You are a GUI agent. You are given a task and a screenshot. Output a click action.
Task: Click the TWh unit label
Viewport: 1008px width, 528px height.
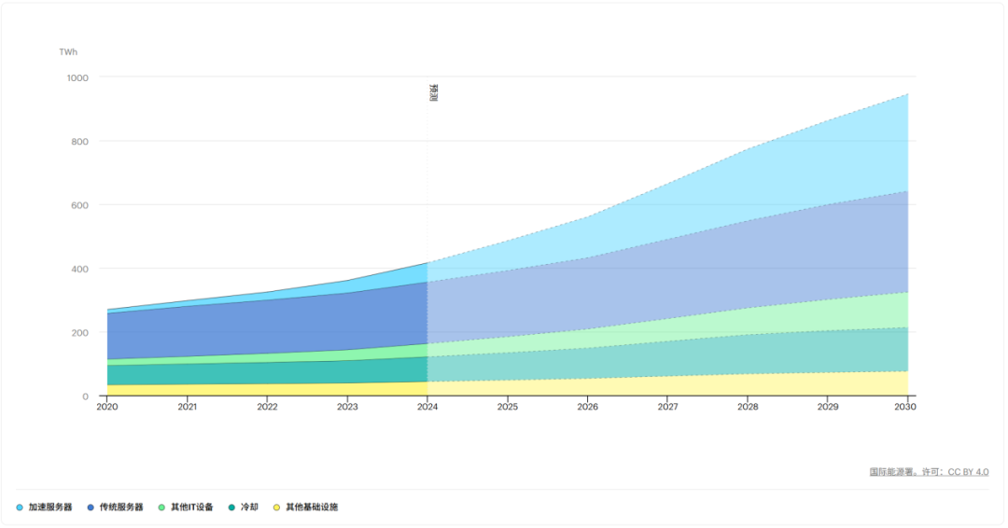[68, 52]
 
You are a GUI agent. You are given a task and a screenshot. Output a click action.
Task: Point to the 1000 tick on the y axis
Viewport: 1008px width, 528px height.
[77, 77]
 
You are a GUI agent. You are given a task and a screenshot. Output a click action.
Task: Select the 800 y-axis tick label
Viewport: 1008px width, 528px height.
[79, 141]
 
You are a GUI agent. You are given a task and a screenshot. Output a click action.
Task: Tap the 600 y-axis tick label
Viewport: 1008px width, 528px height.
[79, 205]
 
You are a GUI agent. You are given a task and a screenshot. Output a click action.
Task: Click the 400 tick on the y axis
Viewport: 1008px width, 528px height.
[79, 270]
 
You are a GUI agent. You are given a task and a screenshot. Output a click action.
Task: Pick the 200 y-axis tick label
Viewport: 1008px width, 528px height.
[79, 333]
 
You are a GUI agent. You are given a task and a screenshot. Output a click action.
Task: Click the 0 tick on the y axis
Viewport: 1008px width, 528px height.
[86, 397]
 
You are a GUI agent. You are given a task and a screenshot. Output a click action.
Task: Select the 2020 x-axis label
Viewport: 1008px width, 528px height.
[107, 407]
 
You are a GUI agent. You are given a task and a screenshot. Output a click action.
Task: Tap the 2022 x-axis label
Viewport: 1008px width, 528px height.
[268, 407]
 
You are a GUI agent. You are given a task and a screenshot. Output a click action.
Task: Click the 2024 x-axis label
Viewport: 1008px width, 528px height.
[427, 407]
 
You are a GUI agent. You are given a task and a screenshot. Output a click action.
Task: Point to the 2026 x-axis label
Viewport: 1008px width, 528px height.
[588, 407]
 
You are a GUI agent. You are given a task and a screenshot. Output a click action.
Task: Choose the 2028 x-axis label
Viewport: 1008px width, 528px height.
[748, 407]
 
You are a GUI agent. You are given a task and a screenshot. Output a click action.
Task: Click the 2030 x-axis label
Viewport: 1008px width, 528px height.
[905, 407]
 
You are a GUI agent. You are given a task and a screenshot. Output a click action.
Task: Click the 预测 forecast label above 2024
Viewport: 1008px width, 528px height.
[433, 92]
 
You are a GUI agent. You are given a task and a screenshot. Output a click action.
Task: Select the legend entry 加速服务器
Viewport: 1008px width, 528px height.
[45, 507]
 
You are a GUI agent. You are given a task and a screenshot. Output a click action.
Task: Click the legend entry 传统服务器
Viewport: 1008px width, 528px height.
[115, 507]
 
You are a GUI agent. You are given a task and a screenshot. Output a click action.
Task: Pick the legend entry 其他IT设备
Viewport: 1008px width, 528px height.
[186, 507]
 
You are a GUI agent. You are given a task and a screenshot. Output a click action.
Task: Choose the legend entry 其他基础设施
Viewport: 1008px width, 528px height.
[305, 507]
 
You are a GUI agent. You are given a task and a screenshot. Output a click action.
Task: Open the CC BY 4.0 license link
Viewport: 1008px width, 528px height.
[968, 472]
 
